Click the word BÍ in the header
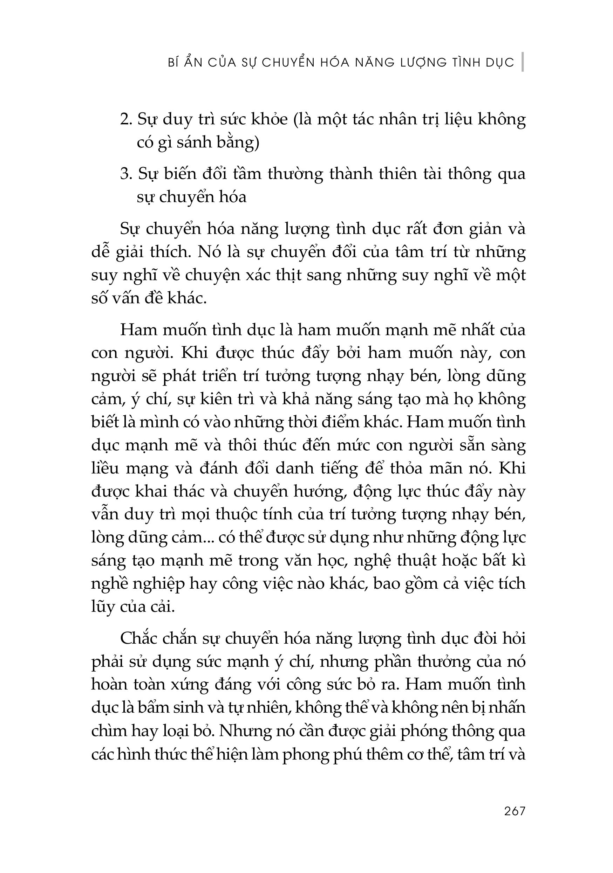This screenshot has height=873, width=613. tap(173, 62)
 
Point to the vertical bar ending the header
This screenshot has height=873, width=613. tap(523, 62)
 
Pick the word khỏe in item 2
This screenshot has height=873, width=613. tap(270, 120)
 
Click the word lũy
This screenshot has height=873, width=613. tap(103, 607)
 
